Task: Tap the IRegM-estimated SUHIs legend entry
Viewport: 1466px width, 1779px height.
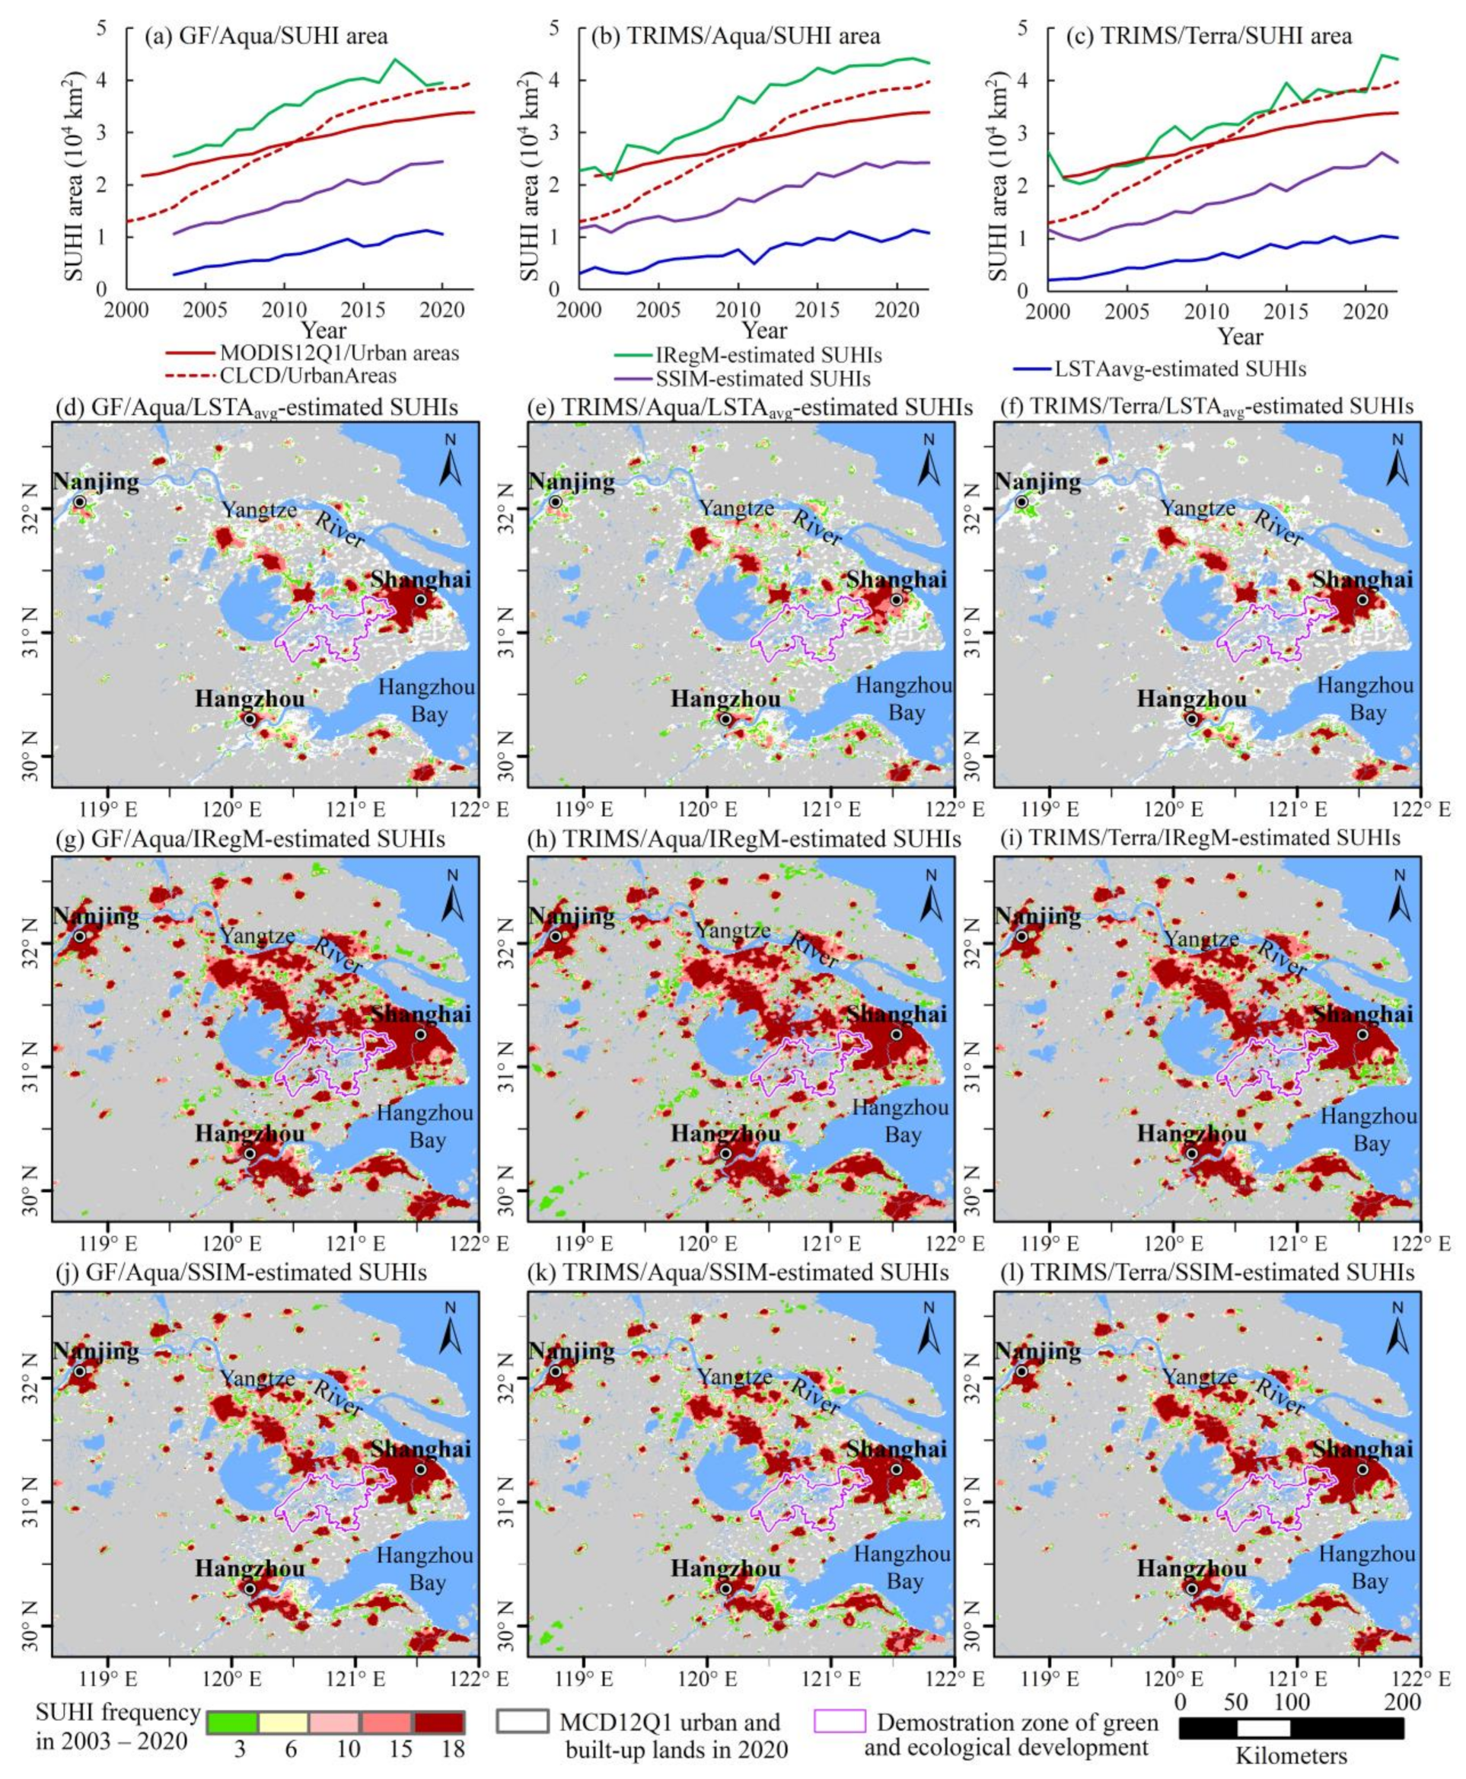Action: [x=769, y=355]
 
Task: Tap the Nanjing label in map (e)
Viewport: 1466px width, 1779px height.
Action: [x=572, y=481]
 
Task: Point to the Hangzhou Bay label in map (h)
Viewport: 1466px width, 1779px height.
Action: [x=903, y=1120]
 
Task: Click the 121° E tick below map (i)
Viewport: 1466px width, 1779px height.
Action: [x=1294, y=1244]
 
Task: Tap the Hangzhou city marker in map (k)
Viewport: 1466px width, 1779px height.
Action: [x=725, y=1588]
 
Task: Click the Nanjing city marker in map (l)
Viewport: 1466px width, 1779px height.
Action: [x=1021, y=1371]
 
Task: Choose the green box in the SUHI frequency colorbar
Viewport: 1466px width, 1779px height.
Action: [x=232, y=1722]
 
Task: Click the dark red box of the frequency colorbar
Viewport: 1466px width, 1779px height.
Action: [x=438, y=1722]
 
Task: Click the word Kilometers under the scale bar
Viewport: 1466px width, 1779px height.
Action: [x=1291, y=1756]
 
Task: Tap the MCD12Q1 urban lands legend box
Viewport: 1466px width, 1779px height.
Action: [x=522, y=1722]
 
